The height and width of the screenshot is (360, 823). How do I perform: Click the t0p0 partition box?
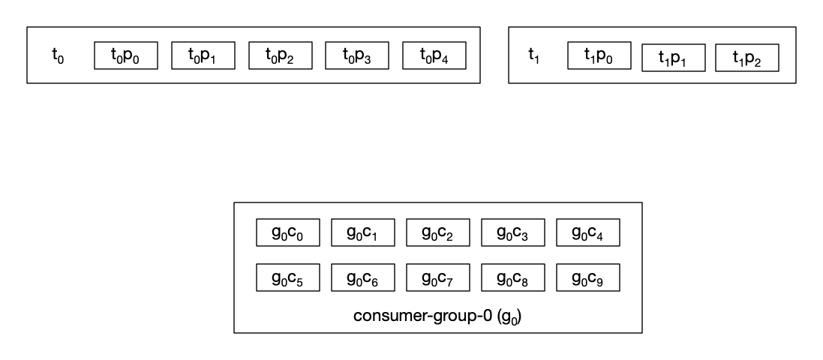point(126,55)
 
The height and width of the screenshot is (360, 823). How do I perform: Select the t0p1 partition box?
point(203,55)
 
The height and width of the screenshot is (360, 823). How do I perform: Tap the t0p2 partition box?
point(281,55)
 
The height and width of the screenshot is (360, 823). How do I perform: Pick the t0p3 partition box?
point(357,55)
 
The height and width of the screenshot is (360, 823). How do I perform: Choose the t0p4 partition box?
point(434,55)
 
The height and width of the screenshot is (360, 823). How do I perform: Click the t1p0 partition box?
point(599,55)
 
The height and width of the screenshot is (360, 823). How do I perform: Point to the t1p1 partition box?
point(674,58)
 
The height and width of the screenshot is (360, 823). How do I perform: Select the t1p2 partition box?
point(747,58)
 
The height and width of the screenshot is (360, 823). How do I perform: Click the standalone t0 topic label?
point(58,55)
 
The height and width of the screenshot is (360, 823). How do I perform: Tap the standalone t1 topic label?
point(534,55)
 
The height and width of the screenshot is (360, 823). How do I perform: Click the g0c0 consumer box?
point(287,232)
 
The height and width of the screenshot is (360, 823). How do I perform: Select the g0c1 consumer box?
point(362,232)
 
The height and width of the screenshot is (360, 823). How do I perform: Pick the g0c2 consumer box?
point(437,232)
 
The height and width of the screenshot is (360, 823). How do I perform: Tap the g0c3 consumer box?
point(513,232)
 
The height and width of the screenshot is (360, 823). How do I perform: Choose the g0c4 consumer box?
point(588,232)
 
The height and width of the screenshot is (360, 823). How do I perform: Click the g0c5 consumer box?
point(287,277)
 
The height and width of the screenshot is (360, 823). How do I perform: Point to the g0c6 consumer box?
point(362,277)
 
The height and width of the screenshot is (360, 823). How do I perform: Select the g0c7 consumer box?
point(437,277)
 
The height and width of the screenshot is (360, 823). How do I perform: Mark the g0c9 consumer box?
point(588,277)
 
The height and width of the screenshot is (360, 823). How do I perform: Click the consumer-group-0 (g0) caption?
point(437,316)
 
